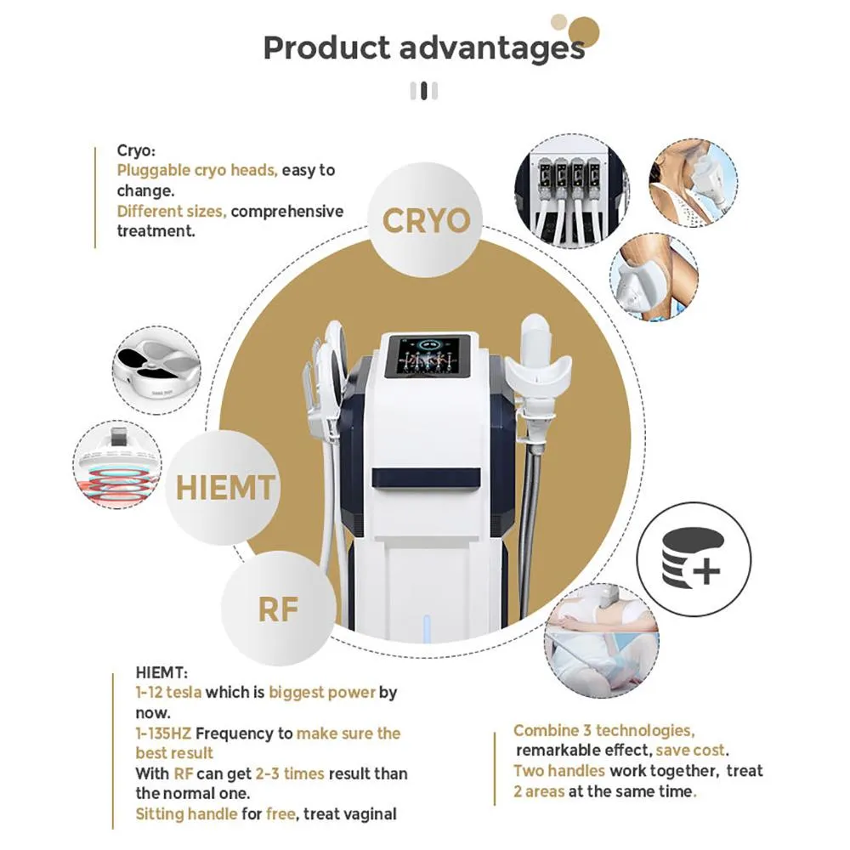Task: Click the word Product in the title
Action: coord(325,48)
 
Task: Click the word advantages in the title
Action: coord(491,48)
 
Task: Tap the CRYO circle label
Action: coord(426,221)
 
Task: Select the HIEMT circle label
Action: coord(225,488)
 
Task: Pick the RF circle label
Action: coord(279,608)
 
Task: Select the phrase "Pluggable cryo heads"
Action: coord(197,170)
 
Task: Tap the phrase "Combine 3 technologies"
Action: coord(603,730)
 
